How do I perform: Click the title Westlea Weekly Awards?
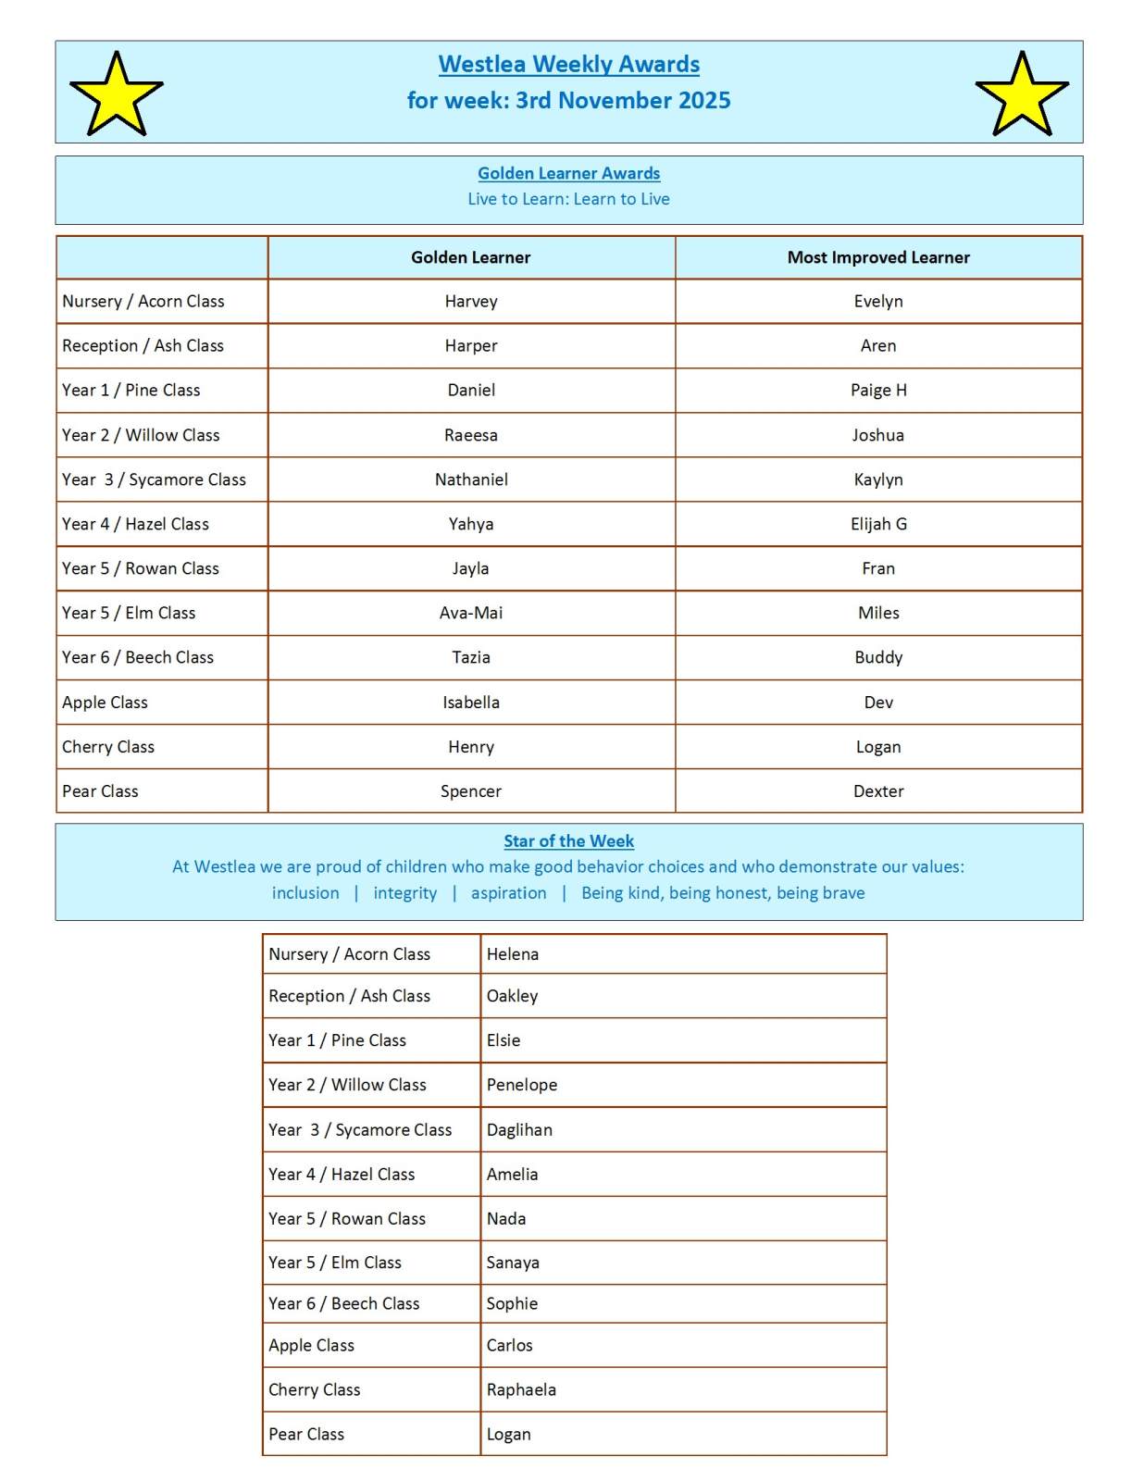click(x=568, y=64)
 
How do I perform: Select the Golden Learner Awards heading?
click(x=568, y=173)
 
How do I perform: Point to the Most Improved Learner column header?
click(x=878, y=257)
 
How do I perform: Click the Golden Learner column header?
click(x=470, y=257)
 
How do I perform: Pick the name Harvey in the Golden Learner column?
click(x=470, y=301)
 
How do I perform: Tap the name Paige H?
click(x=878, y=390)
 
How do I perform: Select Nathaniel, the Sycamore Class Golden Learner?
click(x=471, y=479)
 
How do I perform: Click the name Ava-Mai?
click(x=470, y=613)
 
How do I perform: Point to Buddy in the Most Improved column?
click(x=878, y=657)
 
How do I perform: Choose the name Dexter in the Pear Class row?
click(x=878, y=791)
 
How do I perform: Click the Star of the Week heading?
click(x=568, y=840)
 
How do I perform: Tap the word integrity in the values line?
click(x=404, y=893)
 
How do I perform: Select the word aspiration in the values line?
click(x=508, y=893)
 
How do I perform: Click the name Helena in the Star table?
click(x=512, y=954)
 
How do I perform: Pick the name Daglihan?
click(x=519, y=1130)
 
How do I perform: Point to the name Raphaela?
click(x=521, y=1389)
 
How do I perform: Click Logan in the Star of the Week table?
click(x=508, y=1434)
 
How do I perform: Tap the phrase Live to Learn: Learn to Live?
click(x=568, y=199)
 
